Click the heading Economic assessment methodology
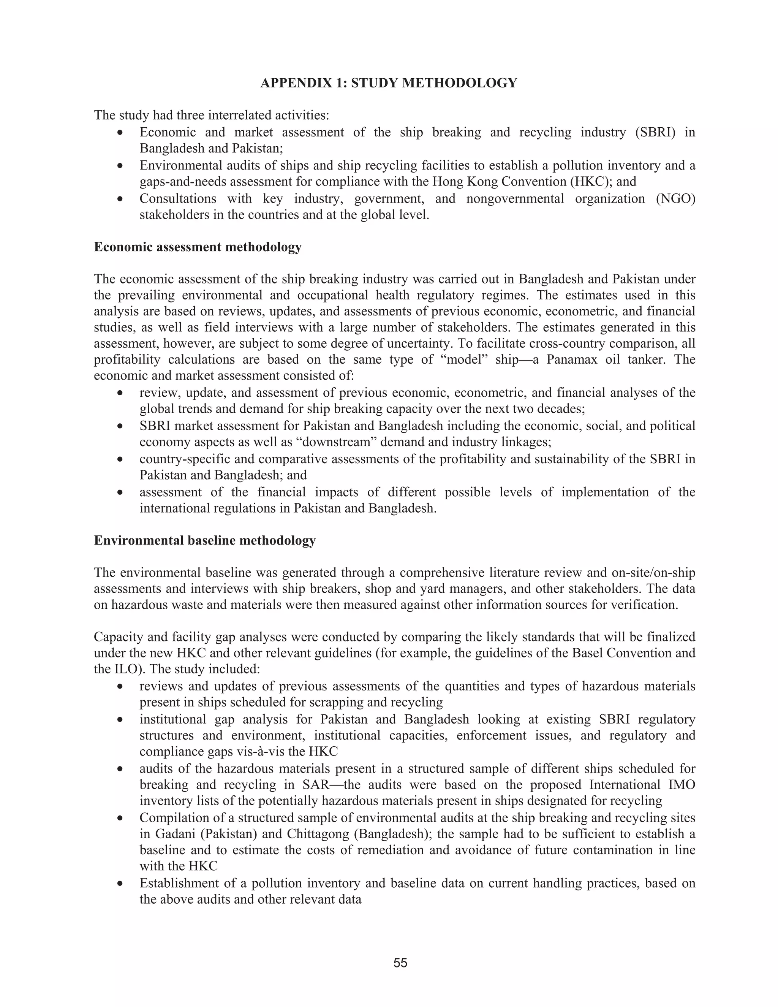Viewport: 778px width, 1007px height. click(198, 247)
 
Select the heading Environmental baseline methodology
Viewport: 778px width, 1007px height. click(205, 540)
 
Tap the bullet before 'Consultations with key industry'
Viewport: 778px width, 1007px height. click(120, 199)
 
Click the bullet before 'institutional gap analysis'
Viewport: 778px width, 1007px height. click(120, 720)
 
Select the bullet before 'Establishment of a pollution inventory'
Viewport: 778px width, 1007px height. click(120, 884)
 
